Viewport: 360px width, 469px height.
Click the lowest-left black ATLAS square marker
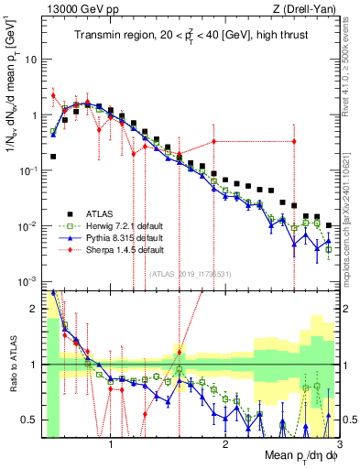click(53, 157)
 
